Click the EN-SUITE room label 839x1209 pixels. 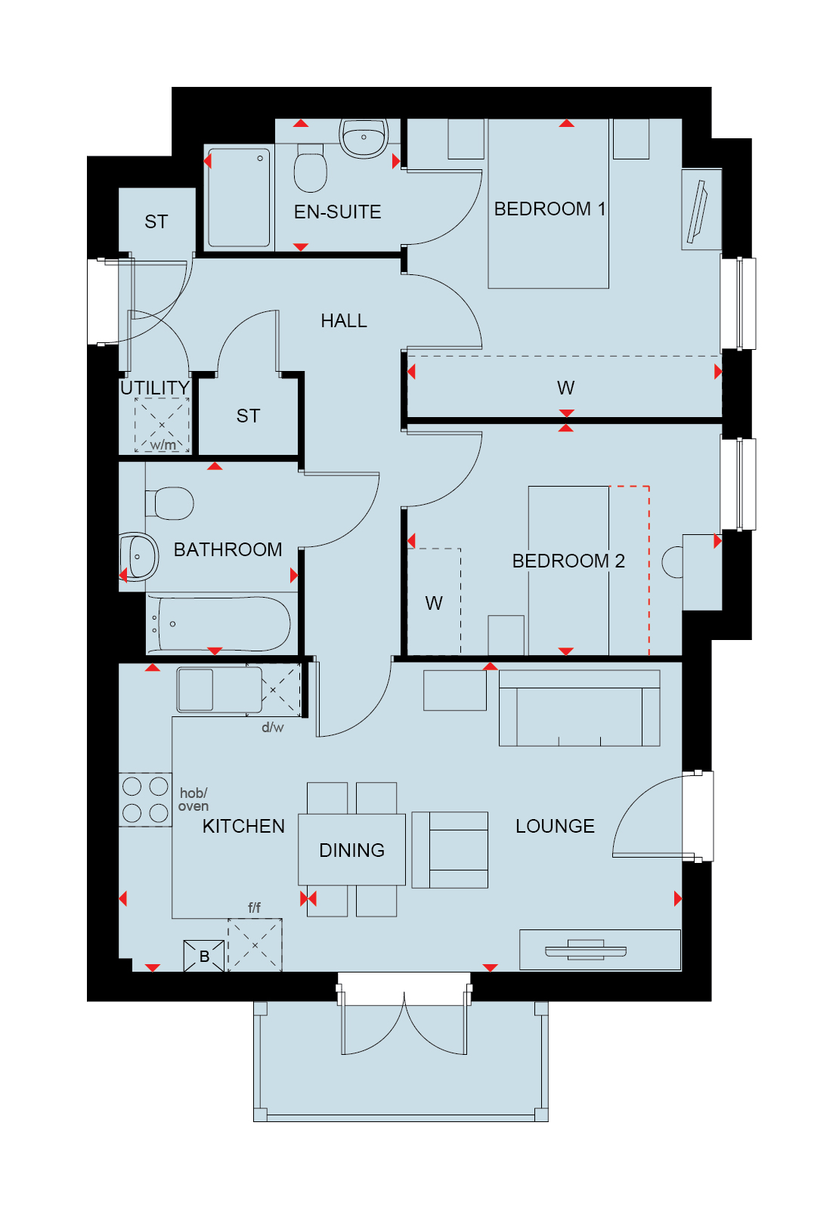(337, 212)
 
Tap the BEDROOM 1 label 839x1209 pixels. (550, 209)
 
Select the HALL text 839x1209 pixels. (343, 320)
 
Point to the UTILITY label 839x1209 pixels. (154, 388)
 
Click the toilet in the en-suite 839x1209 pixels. (310, 168)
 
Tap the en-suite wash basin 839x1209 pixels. (364, 138)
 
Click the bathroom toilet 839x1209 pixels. (169, 503)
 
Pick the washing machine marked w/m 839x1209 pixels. (162, 425)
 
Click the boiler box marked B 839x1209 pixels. (203, 956)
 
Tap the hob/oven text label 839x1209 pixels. (193, 799)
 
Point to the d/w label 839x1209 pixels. (272, 727)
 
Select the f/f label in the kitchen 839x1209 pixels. (254, 908)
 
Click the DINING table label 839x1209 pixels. (351, 850)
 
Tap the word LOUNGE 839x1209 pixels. (555, 826)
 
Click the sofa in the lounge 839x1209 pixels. (579, 707)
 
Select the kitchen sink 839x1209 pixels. (219, 691)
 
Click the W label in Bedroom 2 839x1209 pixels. (434, 603)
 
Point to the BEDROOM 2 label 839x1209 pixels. (568, 561)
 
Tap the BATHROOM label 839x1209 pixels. (228, 549)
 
